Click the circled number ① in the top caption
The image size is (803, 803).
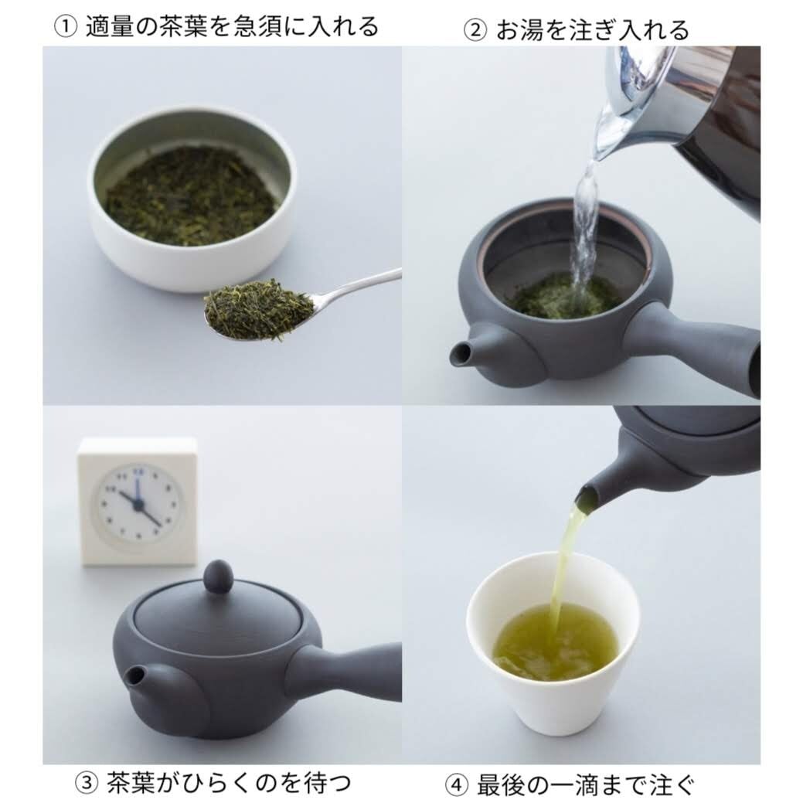click(64, 27)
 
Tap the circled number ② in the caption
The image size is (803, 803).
click(472, 30)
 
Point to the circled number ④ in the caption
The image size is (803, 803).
click(457, 785)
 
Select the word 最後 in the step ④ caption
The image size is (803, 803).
click(499, 785)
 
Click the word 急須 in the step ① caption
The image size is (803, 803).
click(278, 27)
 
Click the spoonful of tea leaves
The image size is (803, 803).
click(258, 310)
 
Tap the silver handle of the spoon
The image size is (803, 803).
click(359, 285)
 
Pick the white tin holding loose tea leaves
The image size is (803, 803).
click(192, 201)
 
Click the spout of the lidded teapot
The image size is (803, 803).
click(136, 675)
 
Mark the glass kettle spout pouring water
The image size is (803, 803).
click(607, 143)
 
